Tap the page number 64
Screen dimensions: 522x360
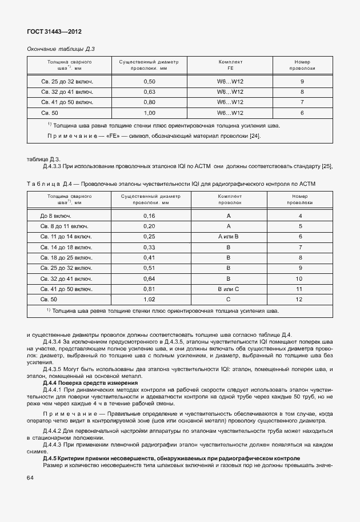coord(31,478)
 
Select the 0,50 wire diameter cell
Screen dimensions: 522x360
coord(150,82)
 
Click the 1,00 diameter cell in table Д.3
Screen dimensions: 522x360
coord(150,113)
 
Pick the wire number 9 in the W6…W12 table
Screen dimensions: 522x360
coord(302,82)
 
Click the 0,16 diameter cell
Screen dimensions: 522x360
coord(149,216)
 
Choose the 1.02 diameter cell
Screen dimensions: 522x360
coord(149,299)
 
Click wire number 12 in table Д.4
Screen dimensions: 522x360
coord(299,299)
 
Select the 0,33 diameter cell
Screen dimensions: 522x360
coord(149,247)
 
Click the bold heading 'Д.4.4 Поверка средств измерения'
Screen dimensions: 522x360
coord(90,382)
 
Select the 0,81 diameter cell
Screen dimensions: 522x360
coord(149,289)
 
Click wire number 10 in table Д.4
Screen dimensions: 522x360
coord(299,278)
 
